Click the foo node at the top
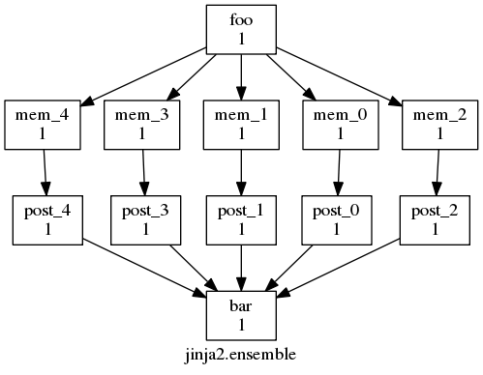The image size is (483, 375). click(x=241, y=29)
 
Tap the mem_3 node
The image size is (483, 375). click(x=140, y=124)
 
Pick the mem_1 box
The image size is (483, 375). click(x=241, y=124)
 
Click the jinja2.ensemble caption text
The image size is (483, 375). click(x=241, y=355)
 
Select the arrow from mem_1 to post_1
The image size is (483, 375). click(x=241, y=171)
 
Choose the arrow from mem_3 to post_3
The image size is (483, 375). click(x=143, y=171)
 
